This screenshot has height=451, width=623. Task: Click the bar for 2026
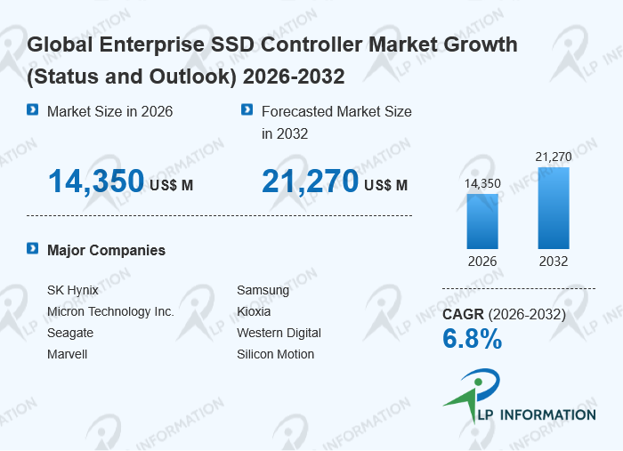(482, 221)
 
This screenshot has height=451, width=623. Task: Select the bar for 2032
(554, 208)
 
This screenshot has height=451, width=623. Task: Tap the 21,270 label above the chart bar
(554, 157)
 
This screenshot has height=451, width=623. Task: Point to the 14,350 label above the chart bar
(482, 183)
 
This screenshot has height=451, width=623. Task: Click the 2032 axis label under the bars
(554, 262)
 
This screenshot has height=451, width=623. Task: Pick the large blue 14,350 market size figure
(96, 181)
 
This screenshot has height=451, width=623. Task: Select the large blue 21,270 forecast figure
(310, 181)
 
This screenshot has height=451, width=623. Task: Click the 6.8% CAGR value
(473, 339)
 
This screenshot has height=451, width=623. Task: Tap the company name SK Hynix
(73, 290)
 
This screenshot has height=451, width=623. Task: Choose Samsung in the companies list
(263, 290)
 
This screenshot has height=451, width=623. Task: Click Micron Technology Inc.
(110, 311)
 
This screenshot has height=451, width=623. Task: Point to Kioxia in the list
(254, 311)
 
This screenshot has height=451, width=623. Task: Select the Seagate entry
(70, 333)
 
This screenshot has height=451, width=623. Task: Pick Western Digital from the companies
(279, 333)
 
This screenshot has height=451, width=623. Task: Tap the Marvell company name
(67, 354)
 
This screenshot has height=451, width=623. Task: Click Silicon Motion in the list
(276, 354)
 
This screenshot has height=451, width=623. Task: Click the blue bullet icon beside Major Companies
(33, 248)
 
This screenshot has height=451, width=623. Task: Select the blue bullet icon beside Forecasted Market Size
(247, 109)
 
